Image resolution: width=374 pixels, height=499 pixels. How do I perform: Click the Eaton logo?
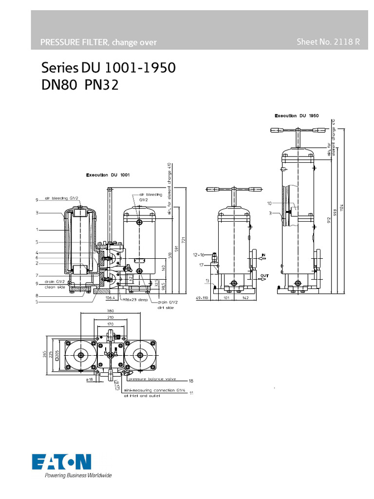click(61, 461)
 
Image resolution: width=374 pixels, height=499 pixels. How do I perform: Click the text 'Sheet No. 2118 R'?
click(328, 42)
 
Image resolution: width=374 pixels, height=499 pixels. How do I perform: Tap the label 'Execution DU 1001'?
click(108, 174)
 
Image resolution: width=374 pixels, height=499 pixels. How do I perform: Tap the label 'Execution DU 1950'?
click(297, 116)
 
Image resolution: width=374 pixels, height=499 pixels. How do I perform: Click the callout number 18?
click(191, 381)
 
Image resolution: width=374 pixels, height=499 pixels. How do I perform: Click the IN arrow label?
click(263, 255)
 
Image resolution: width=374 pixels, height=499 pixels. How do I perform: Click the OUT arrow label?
click(264, 276)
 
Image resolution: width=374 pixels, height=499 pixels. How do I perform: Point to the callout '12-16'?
click(198, 254)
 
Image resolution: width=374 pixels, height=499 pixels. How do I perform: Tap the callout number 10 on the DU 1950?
click(269, 202)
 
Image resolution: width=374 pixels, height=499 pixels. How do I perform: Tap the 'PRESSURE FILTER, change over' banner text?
click(98, 42)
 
